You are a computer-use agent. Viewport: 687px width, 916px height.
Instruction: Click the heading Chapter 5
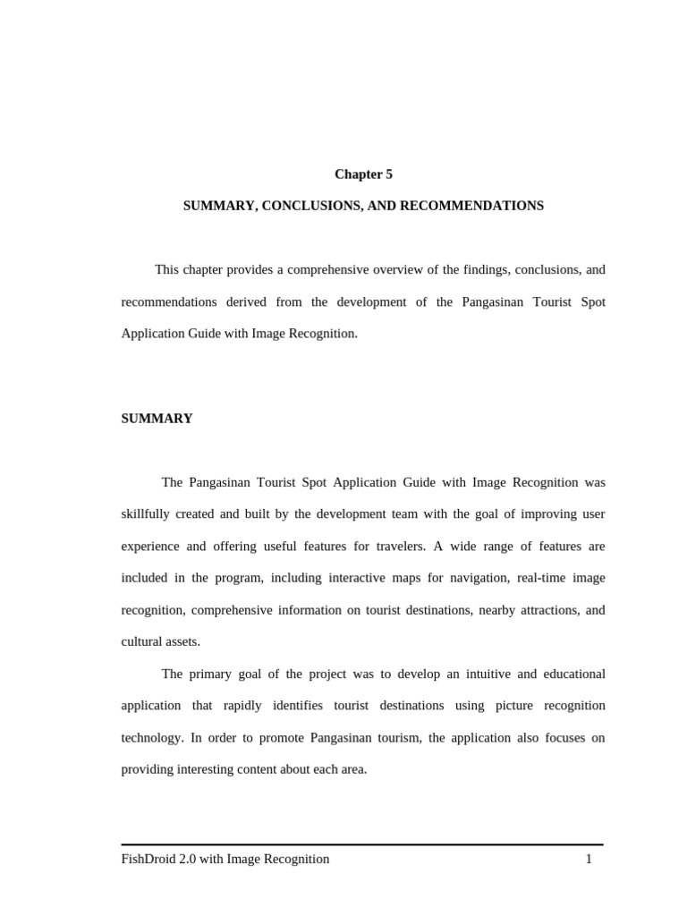pyautogui.click(x=363, y=174)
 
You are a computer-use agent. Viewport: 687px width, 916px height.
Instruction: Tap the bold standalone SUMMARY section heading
pyautogui.click(x=157, y=419)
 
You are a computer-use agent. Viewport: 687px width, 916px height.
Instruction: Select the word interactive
pyautogui.click(x=335, y=578)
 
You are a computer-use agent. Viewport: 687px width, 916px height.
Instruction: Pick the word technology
pyautogui.click(x=152, y=737)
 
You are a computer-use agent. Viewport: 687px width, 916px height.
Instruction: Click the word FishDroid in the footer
pyautogui.click(x=148, y=859)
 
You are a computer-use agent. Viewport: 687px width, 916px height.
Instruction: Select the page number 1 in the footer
pyautogui.click(x=589, y=859)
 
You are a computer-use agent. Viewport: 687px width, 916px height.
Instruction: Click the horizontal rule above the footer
pyautogui.click(x=362, y=844)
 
